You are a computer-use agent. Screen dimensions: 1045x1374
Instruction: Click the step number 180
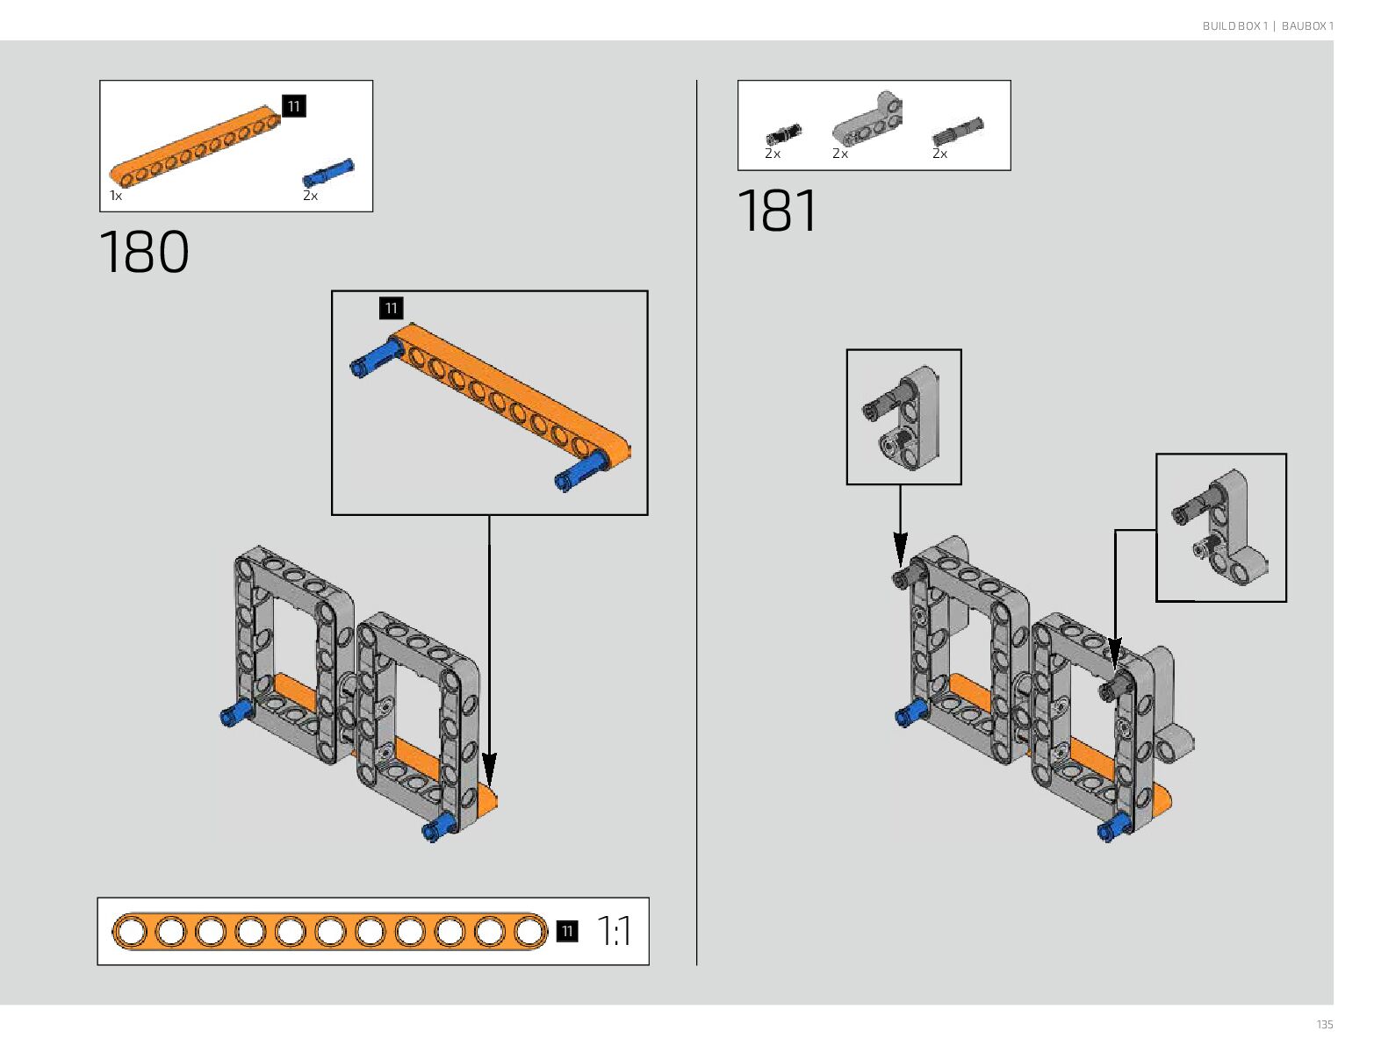coord(144,253)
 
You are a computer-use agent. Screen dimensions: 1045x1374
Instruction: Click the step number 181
coord(778,211)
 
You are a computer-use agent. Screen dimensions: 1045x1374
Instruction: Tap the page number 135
coord(1324,1025)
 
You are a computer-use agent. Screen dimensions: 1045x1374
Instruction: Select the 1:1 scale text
coord(614,931)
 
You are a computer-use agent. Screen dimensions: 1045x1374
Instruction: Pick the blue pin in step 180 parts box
coord(328,171)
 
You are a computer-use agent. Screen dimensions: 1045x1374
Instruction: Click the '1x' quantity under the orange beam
coord(116,196)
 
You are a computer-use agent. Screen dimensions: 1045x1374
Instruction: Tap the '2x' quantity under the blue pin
coord(310,196)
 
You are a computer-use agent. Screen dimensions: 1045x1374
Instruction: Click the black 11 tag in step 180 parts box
coord(293,106)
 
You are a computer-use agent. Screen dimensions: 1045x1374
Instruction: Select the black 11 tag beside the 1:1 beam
coord(567,931)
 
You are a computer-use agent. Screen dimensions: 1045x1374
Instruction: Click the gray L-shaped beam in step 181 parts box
coord(867,119)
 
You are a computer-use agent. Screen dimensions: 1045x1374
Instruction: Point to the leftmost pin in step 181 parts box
coord(783,134)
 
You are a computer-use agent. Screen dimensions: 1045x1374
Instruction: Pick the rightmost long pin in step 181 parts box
coord(957,132)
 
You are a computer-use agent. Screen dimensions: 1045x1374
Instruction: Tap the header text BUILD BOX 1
coord(1234,26)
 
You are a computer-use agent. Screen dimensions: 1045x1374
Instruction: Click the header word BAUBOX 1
coord(1307,26)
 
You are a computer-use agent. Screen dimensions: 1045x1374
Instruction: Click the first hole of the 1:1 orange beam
coord(131,931)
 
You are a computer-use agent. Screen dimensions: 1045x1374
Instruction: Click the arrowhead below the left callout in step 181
coord(900,553)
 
